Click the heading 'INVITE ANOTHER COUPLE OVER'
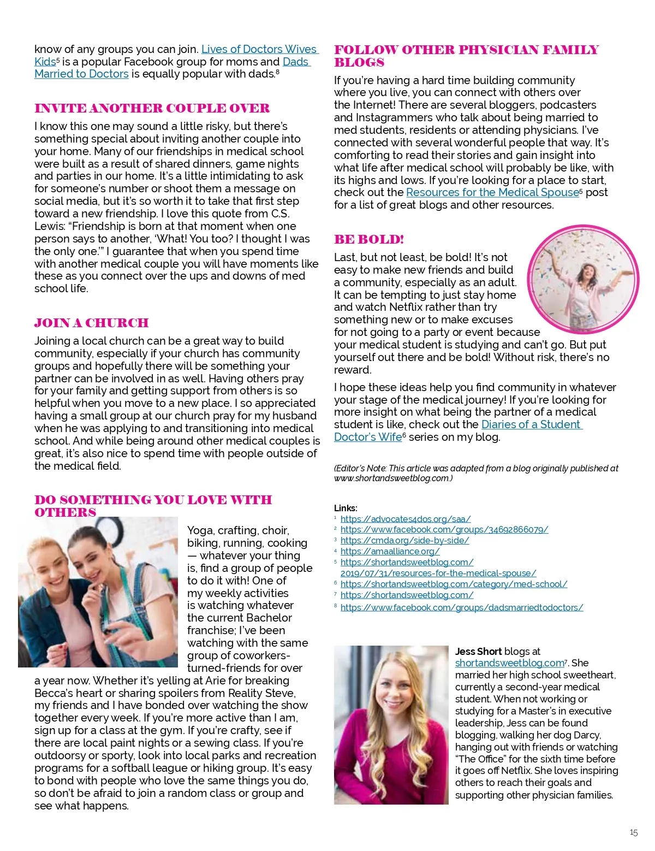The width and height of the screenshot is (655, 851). click(x=152, y=108)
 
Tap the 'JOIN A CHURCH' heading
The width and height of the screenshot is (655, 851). click(x=91, y=323)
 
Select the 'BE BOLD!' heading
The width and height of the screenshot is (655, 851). click(x=369, y=239)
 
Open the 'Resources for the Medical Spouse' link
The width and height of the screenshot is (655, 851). click(x=492, y=192)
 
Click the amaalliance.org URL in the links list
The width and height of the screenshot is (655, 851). click(x=390, y=551)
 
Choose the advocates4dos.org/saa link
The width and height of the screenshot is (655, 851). click(x=405, y=518)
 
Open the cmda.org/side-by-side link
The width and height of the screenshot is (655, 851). click(x=404, y=540)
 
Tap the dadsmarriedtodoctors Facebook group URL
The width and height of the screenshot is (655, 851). click(x=461, y=607)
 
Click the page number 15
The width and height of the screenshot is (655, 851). click(x=633, y=832)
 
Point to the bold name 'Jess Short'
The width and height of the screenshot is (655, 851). click(x=478, y=651)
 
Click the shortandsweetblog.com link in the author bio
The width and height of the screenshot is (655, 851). click(x=509, y=663)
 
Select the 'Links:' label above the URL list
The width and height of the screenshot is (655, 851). click(x=346, y=508)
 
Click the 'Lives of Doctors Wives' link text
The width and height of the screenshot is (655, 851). click(x=259, y=49)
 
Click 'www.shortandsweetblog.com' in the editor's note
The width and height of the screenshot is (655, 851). click(x=392, y=478)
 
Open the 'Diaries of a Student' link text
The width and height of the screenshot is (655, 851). click(x=531, y=424)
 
